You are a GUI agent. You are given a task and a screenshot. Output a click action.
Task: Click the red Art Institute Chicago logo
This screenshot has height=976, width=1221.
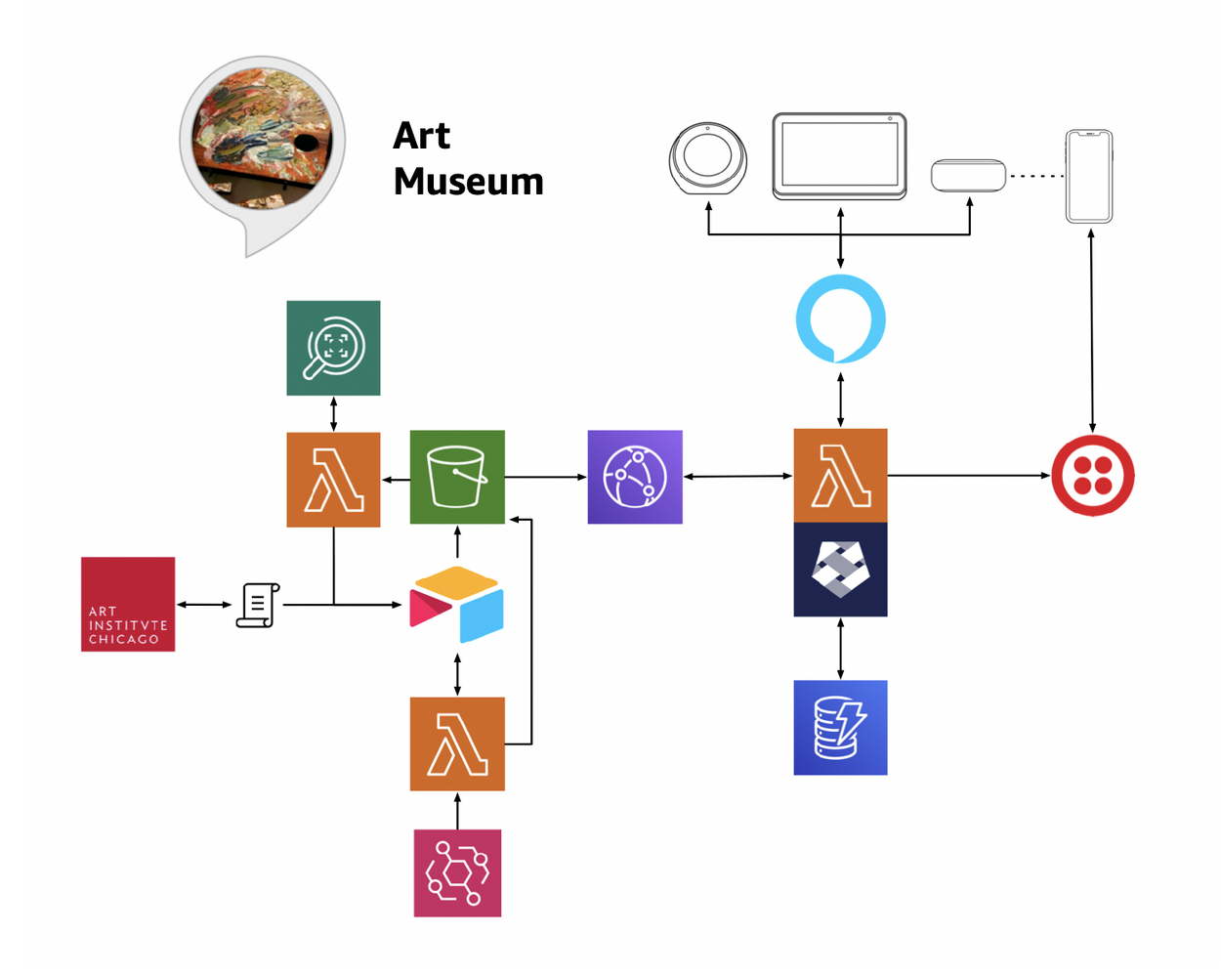(128, 604)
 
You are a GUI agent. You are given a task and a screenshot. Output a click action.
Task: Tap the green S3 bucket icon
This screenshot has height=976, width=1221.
(457, 477)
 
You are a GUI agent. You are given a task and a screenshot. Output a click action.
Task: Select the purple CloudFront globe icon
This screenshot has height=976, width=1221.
(635, 477)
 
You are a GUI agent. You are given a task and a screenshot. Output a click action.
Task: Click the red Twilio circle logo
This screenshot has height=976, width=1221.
(1092, 476)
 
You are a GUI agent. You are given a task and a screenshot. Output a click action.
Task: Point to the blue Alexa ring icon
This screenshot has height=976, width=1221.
(840, 319)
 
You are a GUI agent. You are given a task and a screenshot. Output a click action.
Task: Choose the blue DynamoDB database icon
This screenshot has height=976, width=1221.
(840, 728)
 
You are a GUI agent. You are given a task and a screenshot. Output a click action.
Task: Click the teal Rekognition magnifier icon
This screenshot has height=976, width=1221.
(333, 348)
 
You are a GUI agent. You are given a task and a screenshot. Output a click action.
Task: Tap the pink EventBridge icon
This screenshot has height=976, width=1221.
(457, 872)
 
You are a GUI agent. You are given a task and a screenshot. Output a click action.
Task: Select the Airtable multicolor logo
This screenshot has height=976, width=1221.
(457, 604)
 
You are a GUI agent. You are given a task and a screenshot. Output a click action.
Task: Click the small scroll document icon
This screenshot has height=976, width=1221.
(258, 605)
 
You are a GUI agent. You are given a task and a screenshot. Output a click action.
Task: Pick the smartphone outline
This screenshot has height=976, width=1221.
(1089, 177)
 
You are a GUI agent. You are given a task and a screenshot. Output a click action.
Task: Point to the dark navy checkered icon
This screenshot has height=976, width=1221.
(840, 570)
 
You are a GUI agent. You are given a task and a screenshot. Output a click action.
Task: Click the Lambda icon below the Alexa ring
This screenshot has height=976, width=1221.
(840, 476)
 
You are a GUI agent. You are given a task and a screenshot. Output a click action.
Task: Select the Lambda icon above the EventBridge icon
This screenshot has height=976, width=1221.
(457, 743)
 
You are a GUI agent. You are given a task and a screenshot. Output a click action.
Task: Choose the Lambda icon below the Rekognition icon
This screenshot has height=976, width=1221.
(333, 480)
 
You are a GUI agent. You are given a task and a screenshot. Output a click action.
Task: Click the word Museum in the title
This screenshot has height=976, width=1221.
(468, 182)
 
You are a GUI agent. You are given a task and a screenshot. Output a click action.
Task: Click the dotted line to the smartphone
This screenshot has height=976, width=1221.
(1035, 176)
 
